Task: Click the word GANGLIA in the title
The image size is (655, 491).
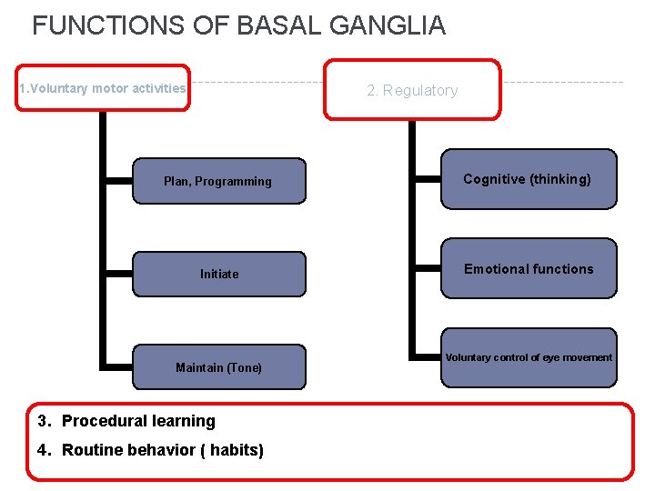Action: pos(388,25)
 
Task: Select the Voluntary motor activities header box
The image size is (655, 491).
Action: pos(103,88)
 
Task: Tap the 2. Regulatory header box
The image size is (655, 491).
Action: pos(412,90)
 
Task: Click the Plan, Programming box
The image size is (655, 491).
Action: pos(218,182)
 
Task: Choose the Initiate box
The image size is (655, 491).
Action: pos(218,274)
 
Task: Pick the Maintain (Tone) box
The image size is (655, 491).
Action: pos(218,367)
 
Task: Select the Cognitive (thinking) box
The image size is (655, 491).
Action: pos(528,179)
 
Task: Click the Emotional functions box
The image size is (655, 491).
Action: pos(528,269)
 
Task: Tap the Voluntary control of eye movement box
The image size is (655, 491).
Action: pos(528,357)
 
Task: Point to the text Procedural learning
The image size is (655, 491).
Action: pos(138,421)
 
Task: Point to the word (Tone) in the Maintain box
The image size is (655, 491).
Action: pos(244,367)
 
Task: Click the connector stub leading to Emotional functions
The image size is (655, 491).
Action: pos(428,269)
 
